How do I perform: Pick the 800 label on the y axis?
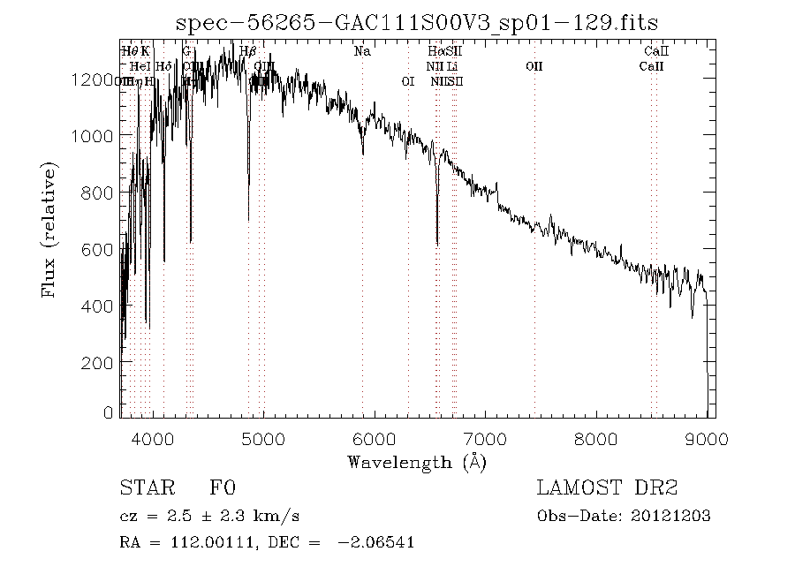pyautogui.click(x=100, y=193)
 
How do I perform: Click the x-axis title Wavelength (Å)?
pyautogui.click(x=416, y=462)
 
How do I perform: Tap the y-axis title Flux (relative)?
pyautogui.click(x=49, y=229)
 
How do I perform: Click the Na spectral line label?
pyautogui.click(x=362, y=51)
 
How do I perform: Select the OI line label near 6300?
pyautogui.click(x=408, y=81)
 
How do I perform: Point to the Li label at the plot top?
pyautogui.click(x=452, y=66)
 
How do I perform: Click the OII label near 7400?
pyautogui.click(x=534, y=66)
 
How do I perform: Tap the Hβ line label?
pyautogui.click(x=248, y=51)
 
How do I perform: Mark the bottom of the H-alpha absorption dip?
pyautogui.click(x=437, y=244)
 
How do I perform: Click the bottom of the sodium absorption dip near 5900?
pyautogui.click(x=362, y=153)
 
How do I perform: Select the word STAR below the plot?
pyautogui.click(x=140, y=488)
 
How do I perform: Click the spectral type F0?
pyautogui.click(x=222, y=488)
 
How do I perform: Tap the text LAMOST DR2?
pyautogui.click(x=607, y=488)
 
